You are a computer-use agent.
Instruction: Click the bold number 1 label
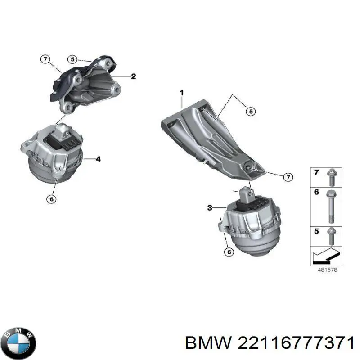[182, 93]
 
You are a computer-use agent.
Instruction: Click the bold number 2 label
[133, 76]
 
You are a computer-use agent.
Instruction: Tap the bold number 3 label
[210, 208]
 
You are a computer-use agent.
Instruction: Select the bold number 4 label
[98, 159]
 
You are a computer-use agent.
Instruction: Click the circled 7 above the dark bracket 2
[45, 59]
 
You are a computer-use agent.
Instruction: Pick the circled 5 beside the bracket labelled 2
[72, 60]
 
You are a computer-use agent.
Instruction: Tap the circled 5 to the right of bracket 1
[251, 112]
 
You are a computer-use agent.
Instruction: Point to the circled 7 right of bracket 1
[288, 177]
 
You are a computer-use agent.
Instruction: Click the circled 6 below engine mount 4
[51, 199]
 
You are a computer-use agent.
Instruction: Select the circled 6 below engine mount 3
[229, 252]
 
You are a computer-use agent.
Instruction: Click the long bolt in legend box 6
[331, 207]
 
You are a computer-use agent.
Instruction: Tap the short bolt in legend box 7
[331, 177]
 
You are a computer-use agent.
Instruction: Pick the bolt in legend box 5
[331, 236]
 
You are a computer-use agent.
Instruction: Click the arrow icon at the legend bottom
[325, 256]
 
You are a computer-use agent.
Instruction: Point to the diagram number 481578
[328, 270]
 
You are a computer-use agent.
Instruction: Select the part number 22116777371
[296, 343]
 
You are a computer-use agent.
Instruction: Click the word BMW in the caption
[208, 343]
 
